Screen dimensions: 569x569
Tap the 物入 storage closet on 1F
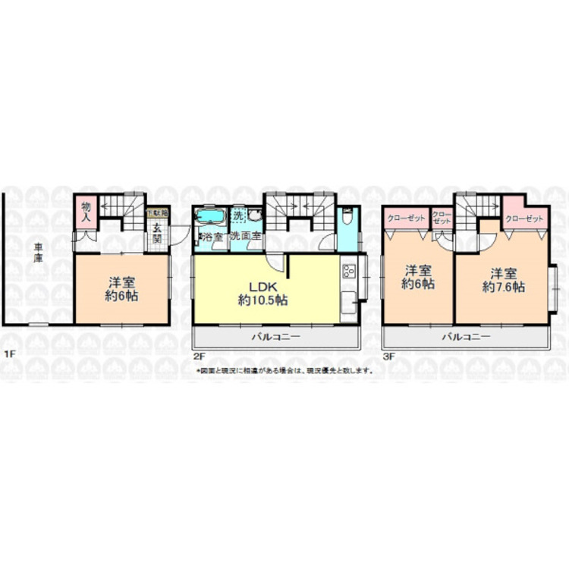coord(86,210)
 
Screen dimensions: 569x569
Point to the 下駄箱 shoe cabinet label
coord(156,214)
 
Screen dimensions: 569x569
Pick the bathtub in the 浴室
coord(209,219)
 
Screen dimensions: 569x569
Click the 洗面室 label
coord(247,237)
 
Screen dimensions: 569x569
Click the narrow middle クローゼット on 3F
coord(442,216)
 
